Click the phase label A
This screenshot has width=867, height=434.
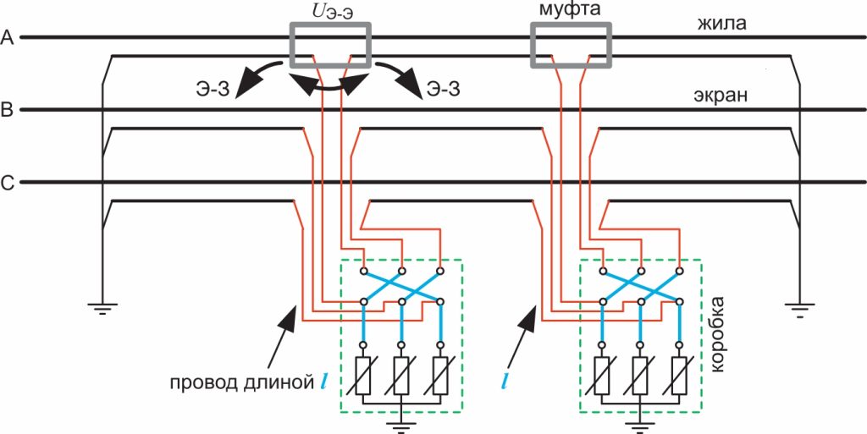pos(8,37)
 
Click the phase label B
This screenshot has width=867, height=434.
pos(8,110)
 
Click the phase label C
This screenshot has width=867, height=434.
pos(8,182)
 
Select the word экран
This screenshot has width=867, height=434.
pos(721,96)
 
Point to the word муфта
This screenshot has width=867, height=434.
pos(569,11)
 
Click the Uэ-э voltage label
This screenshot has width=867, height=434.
pos(331,12)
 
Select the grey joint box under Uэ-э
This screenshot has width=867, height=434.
pos(330,44)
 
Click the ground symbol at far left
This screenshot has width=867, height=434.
pos(102,305)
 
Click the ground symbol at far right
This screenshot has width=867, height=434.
pos(799,305)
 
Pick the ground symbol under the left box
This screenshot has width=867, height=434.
pos(401,423)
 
